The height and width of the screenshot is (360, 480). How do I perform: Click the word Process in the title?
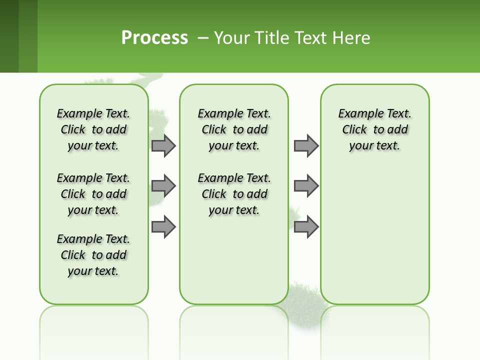154,37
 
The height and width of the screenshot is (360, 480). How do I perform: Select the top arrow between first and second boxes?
163,145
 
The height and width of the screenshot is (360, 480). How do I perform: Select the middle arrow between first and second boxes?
163,186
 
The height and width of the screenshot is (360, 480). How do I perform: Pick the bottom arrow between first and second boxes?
163,226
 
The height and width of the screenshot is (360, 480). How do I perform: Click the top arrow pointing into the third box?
306,145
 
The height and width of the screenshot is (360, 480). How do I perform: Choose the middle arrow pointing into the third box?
306,186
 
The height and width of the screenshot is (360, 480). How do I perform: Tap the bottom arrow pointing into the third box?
306,226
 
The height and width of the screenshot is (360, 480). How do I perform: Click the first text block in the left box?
93,129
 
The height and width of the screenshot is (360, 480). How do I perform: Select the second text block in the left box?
93,194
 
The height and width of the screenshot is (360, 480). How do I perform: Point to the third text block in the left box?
93,255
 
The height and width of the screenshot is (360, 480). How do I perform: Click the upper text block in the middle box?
234,129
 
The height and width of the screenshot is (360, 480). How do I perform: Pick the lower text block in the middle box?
234,194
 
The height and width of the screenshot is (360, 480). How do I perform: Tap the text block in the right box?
374,129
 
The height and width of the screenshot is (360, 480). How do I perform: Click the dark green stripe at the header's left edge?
9,36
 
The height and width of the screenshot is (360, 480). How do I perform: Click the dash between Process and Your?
203,38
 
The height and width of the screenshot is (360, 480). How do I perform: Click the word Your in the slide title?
232,38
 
